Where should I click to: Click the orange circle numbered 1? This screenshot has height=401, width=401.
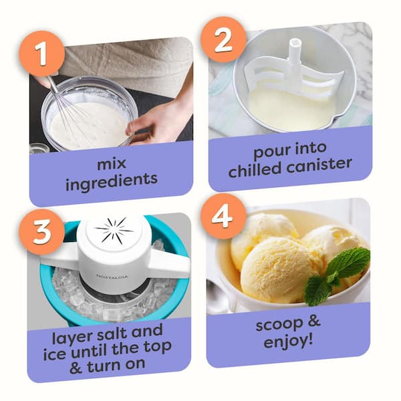pos(41,53)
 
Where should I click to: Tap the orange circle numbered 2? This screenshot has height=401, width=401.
pos(223,39)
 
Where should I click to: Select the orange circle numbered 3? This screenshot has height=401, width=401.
pos(41,232)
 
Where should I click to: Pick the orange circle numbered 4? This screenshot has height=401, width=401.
pos(223,216)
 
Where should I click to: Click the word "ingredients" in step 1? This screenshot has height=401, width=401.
pos(112,181)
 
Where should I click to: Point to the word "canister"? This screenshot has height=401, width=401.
pos(319,165)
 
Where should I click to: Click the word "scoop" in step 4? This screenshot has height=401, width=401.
pos(279,325)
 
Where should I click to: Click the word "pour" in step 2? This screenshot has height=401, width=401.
pos(270,152)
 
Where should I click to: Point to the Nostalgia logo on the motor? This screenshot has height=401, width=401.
pos(112,276)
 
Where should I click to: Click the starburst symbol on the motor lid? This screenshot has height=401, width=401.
pos(114,230)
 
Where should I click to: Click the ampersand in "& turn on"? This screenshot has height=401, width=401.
pos(76,368)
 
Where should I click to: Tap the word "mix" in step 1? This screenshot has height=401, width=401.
pos(112,164)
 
